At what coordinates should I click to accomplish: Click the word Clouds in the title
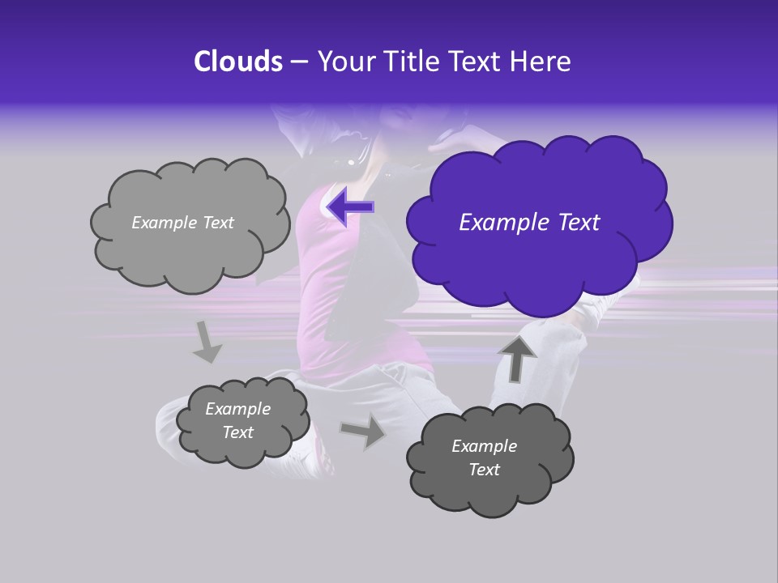pyautogui.click(x=238, y=62)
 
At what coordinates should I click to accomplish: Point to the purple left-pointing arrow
pyautogui.click(x=350, y=206)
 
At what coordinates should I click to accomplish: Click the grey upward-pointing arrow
pyautogui.click(x=517, y=358)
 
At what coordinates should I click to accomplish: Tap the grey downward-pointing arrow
pyautogui.click(x=207, y=341)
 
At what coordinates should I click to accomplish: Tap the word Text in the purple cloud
pyautogui.click(x=574, y=223)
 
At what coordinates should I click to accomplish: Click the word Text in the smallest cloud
pyautogui.click(x=238, y=432)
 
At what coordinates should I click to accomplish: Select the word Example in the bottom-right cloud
pyautogui.click(x=484, y=446)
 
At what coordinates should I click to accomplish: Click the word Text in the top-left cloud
pyautogui.click(x=217, y=223)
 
